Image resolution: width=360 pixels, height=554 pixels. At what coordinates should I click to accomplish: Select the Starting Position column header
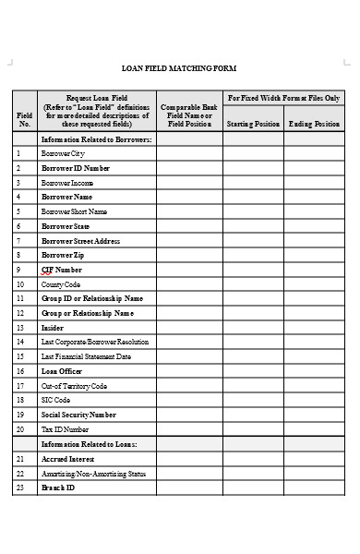253,124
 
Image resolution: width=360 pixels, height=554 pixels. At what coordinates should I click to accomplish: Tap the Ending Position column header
314,124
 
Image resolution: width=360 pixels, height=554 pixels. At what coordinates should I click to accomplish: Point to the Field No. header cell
24,118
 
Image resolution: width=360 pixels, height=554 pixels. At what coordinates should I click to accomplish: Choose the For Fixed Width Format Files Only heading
283,97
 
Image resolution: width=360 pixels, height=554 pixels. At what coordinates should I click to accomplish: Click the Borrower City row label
63,153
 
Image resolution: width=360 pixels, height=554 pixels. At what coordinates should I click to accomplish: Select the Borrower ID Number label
75,168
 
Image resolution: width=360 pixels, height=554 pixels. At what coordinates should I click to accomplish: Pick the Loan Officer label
63,371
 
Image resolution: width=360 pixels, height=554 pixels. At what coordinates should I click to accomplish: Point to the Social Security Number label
78,415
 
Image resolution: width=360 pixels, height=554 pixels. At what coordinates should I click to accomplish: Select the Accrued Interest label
67,458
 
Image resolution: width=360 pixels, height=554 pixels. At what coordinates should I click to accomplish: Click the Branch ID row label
58,488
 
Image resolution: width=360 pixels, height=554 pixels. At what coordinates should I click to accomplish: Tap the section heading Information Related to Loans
89,444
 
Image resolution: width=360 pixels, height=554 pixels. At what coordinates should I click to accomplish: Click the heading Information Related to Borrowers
96,138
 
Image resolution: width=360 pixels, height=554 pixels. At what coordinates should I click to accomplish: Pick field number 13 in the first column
19,328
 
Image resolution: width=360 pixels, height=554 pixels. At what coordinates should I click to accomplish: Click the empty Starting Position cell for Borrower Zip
253,255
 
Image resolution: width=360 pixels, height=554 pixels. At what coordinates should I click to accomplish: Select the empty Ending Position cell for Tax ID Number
314,429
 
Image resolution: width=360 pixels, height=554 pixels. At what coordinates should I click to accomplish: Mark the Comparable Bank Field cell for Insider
189,328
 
